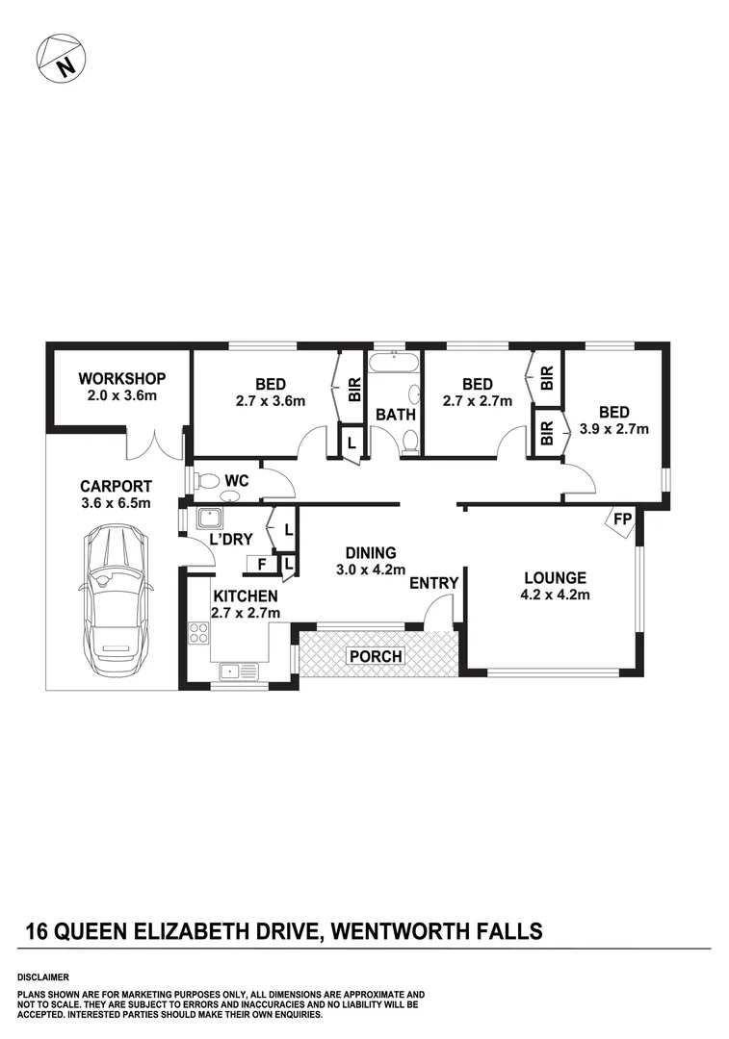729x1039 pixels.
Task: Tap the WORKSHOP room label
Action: coord(122,378)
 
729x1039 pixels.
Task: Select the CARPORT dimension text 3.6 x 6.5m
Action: coord(116,502)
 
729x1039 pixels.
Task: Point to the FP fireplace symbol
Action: coord(622,520)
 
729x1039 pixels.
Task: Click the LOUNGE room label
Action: coord(555,578)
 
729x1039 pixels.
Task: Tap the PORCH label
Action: coord(378,657)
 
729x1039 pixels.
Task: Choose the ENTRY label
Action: coord(433,584)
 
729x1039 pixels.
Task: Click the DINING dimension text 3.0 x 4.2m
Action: coord(371,570)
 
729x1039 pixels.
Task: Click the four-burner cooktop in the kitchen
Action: coord(199,633)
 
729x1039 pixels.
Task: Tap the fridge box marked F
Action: coord(261,565)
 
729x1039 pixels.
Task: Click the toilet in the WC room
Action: coord(209,480)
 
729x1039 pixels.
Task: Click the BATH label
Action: coord(395,416)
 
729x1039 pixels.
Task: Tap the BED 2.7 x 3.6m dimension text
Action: coord(271,401)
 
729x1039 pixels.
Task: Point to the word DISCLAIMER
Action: coord(42,976)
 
